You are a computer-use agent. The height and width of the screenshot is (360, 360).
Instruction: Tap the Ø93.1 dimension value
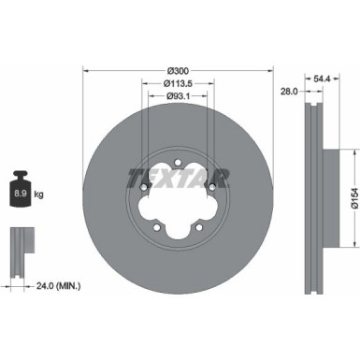(179, 97)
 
